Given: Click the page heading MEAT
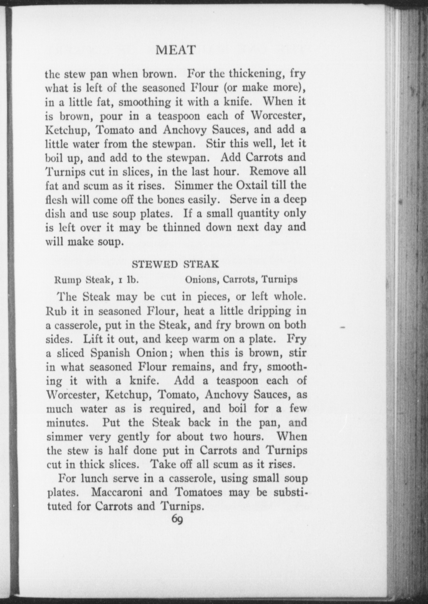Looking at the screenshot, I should (175, 50).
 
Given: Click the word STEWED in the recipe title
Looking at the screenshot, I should (155, 264).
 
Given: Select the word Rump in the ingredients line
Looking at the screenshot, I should (68, 280).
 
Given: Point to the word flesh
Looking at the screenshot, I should (56, 200).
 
